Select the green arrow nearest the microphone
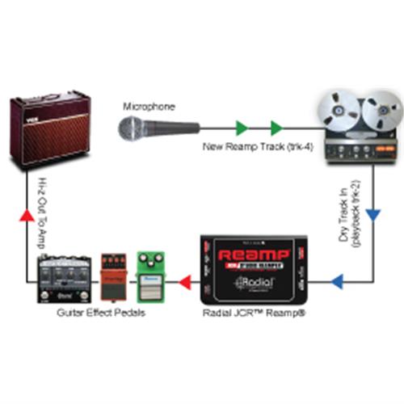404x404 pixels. pyautogui.click(x=240, y=127)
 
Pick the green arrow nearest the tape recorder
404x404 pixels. pyautogui.click(x=276, y=127)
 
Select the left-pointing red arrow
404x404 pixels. pyautogui.click(x=184, y=282)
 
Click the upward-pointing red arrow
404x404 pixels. pyautogui.click(x=27, y=214)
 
